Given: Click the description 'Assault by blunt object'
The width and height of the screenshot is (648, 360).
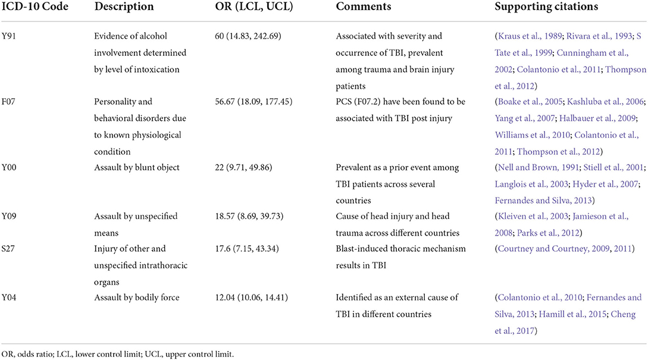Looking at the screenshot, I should coord(136,167).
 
